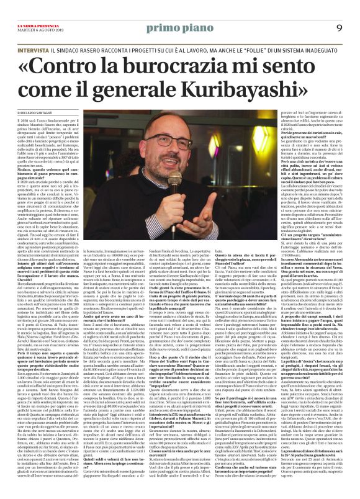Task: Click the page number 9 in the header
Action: [x=340, y=27]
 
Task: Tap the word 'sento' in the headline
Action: [x=308, y=65]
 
